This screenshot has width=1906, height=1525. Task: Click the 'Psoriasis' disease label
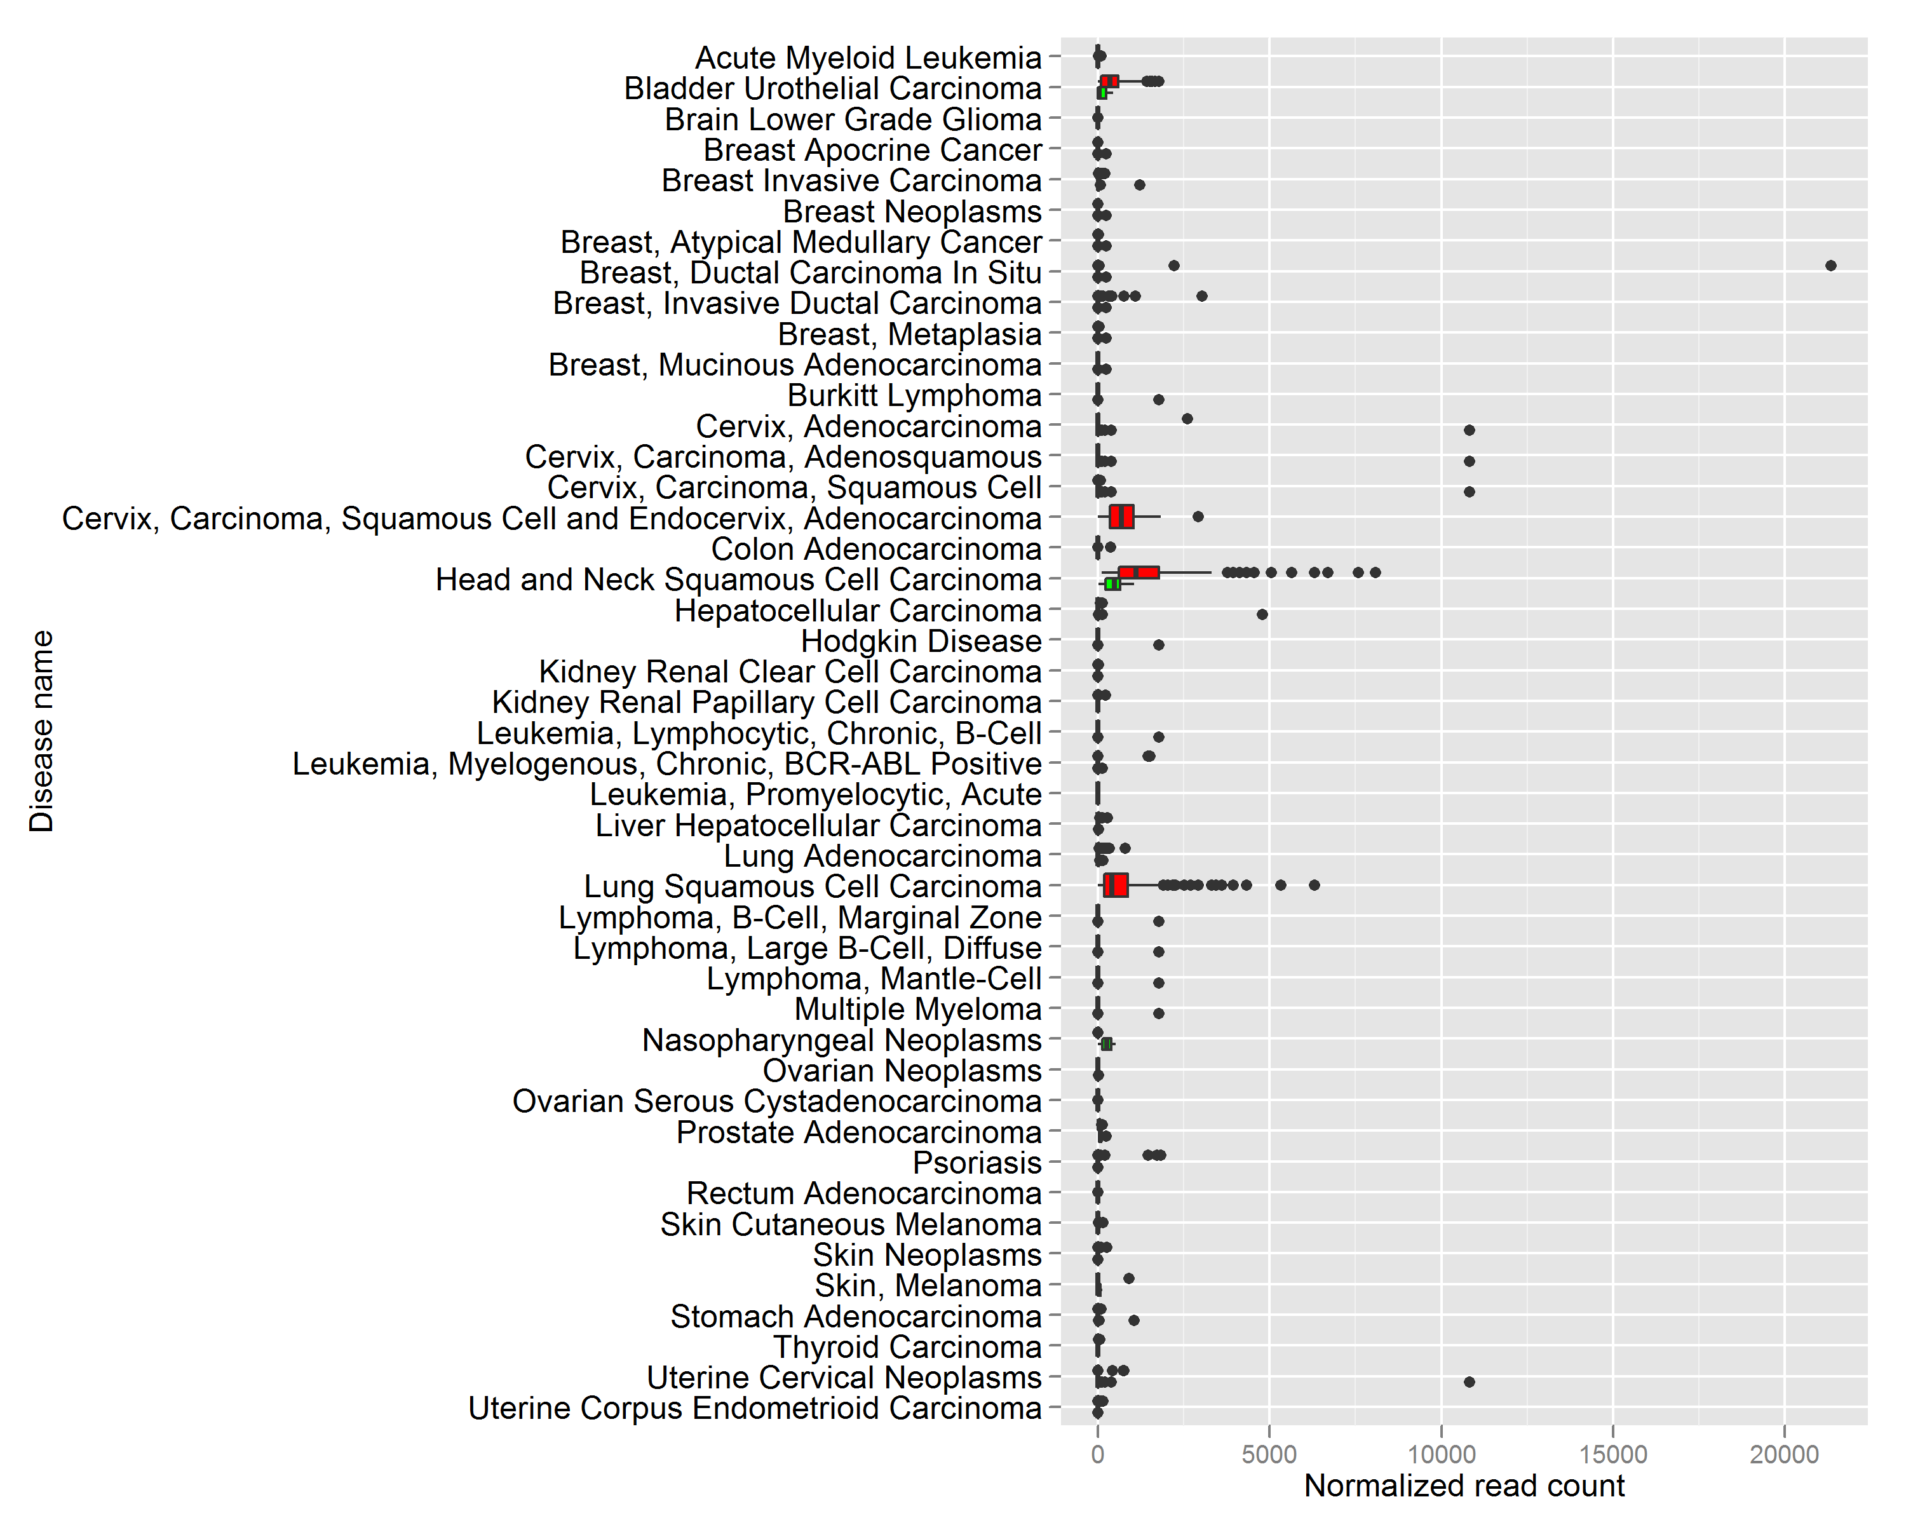click(977, 1163)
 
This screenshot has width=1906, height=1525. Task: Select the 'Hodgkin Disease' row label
click(921, 641)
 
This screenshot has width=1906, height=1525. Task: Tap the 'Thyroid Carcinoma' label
click(908, 1347)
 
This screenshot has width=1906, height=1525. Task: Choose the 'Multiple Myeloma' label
click(919, 1010)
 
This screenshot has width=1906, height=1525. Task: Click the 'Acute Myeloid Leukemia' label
click(869, 58)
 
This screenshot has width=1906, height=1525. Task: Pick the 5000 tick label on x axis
click(1269, 1454)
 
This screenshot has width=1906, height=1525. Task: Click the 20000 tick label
click(1784, 1454)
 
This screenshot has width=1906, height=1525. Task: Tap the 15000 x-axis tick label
click(1612, 1454)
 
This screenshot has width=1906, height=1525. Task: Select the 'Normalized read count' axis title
click(1464, 1486)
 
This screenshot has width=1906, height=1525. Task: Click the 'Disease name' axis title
click(41, 731)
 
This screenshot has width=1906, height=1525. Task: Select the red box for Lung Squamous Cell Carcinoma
click(1116, 885)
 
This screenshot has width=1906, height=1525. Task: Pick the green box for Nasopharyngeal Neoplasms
click(1107, 1044)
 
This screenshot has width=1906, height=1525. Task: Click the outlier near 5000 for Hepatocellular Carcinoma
click(1262, 614)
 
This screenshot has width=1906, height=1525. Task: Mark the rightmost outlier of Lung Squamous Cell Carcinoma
click(1315, 885)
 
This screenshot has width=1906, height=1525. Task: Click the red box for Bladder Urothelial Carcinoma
click(1109, 81)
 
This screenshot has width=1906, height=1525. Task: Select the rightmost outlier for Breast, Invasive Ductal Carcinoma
click(1201, 296)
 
